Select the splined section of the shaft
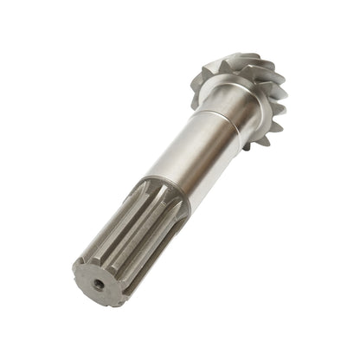tap(130, 235)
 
